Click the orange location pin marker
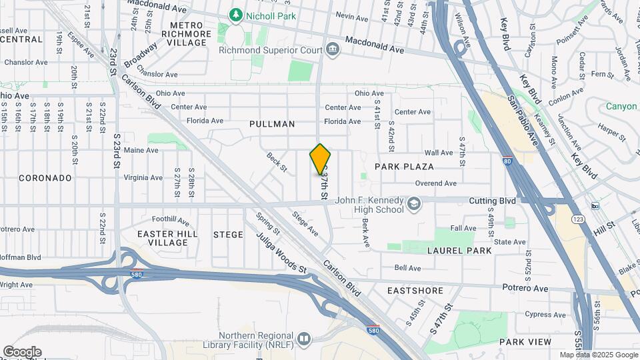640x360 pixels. coord(321,159)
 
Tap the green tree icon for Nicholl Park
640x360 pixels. coord(235,14)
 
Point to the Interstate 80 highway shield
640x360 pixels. coord(508,161)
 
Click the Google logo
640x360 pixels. coord(22,351)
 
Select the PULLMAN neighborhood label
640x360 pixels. coord(272,124)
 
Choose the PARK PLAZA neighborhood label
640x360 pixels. coord(404,167)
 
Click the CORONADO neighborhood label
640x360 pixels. coord(45,178)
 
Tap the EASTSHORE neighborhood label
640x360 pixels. coord(415,291)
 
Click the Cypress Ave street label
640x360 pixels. coord(545,314)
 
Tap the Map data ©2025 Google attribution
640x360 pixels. coord(598,355)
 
